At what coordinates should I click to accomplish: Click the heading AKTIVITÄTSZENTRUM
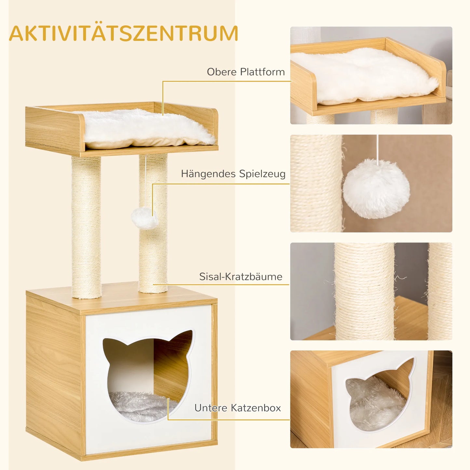124,33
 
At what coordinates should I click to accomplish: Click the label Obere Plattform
246,72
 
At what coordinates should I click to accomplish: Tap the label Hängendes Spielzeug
233,174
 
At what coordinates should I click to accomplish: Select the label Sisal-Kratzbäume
241,276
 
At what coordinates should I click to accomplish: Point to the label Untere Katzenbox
237,408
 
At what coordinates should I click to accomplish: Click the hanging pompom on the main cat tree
144,218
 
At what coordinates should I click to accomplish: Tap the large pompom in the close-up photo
376,189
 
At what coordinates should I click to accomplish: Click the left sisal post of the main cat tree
86,228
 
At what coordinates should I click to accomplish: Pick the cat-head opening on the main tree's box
148,374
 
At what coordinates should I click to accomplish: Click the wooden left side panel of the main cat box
54,374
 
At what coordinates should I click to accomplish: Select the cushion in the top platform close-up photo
364,76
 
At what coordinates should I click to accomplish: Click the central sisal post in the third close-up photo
364,293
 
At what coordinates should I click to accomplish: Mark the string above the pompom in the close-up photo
377,146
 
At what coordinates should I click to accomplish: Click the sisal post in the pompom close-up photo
316,184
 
